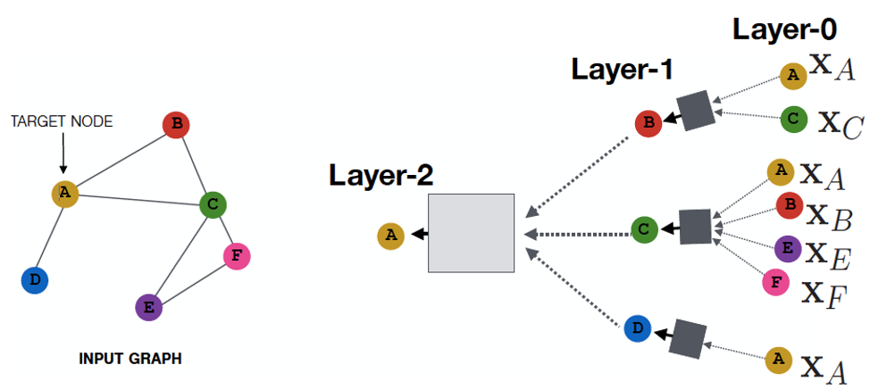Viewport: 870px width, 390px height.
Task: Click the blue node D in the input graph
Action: coord(34,280)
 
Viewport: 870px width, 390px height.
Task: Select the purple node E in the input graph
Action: coord(148,308)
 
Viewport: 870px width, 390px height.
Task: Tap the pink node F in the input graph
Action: coord(236,257)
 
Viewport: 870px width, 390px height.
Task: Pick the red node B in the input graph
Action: coord(177,125)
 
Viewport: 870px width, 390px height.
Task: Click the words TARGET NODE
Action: coord(62,121)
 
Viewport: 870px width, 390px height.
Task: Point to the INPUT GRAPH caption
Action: coord(130,359)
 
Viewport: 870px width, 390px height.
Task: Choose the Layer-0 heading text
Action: coord(784,29)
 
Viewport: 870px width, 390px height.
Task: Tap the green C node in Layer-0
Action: coord(793,119)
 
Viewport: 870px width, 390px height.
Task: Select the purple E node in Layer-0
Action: coord(787,248)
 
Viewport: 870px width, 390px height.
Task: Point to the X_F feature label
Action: coord(824,291)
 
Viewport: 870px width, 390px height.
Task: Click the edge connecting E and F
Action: coord(192,282)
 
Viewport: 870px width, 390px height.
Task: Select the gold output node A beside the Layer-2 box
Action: coord(390,236)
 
